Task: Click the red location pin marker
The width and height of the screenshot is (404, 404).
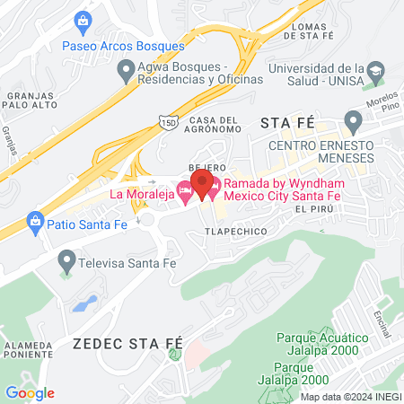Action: [203, 183]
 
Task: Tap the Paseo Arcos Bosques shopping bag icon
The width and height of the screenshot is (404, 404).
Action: [83, 20]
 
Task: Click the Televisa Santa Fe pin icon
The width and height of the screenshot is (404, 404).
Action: [66, 262]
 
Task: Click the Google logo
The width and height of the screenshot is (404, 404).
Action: [30, 392]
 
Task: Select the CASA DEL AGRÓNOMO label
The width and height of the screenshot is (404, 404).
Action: [214, 127]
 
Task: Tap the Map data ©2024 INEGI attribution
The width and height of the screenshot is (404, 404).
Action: [350, 396]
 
